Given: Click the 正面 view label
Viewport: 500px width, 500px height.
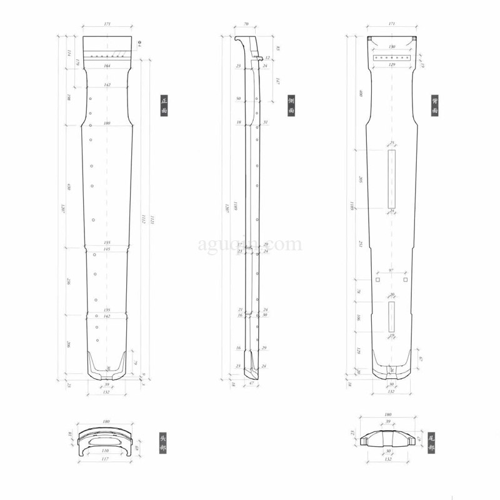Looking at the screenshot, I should [x=164, y=105].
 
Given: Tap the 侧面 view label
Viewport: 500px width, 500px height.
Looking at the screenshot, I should [x=291, y=105].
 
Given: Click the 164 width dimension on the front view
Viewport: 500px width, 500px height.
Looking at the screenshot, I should [x=107, y=66].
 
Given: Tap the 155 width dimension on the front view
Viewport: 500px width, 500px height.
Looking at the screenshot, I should [x=107, y=243].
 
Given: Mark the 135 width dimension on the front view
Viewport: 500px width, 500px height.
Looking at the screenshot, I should [x=107, y=310].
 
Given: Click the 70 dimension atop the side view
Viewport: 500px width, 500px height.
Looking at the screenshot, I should [x=246, y=24].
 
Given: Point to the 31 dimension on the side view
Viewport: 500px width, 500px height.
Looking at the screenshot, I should [x=266, y=122].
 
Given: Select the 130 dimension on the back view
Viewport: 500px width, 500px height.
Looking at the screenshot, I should [x=392, y=47].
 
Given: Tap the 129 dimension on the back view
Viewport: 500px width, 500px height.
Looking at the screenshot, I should [x=392, y=65].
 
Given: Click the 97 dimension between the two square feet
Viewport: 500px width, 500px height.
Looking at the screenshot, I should [x=391, y=271].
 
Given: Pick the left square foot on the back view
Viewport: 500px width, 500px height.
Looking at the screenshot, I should [x=378, y=280].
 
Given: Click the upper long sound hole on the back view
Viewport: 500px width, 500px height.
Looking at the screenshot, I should [x=392, y=179].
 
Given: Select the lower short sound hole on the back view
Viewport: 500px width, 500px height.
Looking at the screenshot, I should [x=392, y=316].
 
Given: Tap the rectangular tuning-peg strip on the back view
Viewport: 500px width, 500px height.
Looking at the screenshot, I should [x=392, y=57].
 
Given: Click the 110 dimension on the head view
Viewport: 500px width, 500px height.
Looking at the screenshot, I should [x=106, y=450].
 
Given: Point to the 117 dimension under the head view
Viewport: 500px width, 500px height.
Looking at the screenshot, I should [x=106, y=461].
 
